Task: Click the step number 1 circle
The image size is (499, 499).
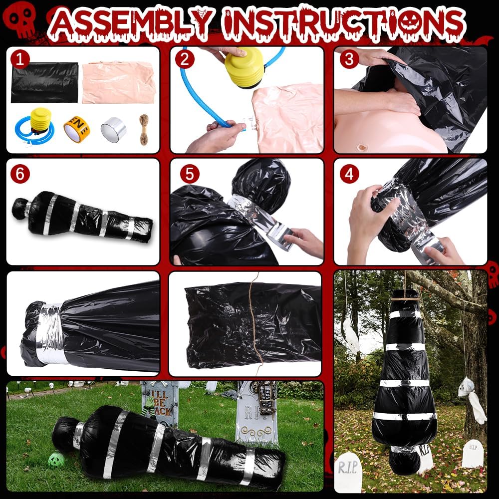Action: [x=19, y=60]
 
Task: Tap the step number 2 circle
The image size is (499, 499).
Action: [x=185, y=60]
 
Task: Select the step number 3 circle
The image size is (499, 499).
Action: [x=349, y=60]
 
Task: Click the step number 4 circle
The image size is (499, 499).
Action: [x=349, y=174]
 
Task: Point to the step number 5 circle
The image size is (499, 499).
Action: [x=189, y=174]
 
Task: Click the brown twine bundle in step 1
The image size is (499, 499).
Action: [x=144, y=129]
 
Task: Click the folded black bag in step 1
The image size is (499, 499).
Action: [x=44, y=82]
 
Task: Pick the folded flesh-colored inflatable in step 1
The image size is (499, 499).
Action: [x=118, y=82]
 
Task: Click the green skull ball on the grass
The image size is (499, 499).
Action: [x=55, y=460]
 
